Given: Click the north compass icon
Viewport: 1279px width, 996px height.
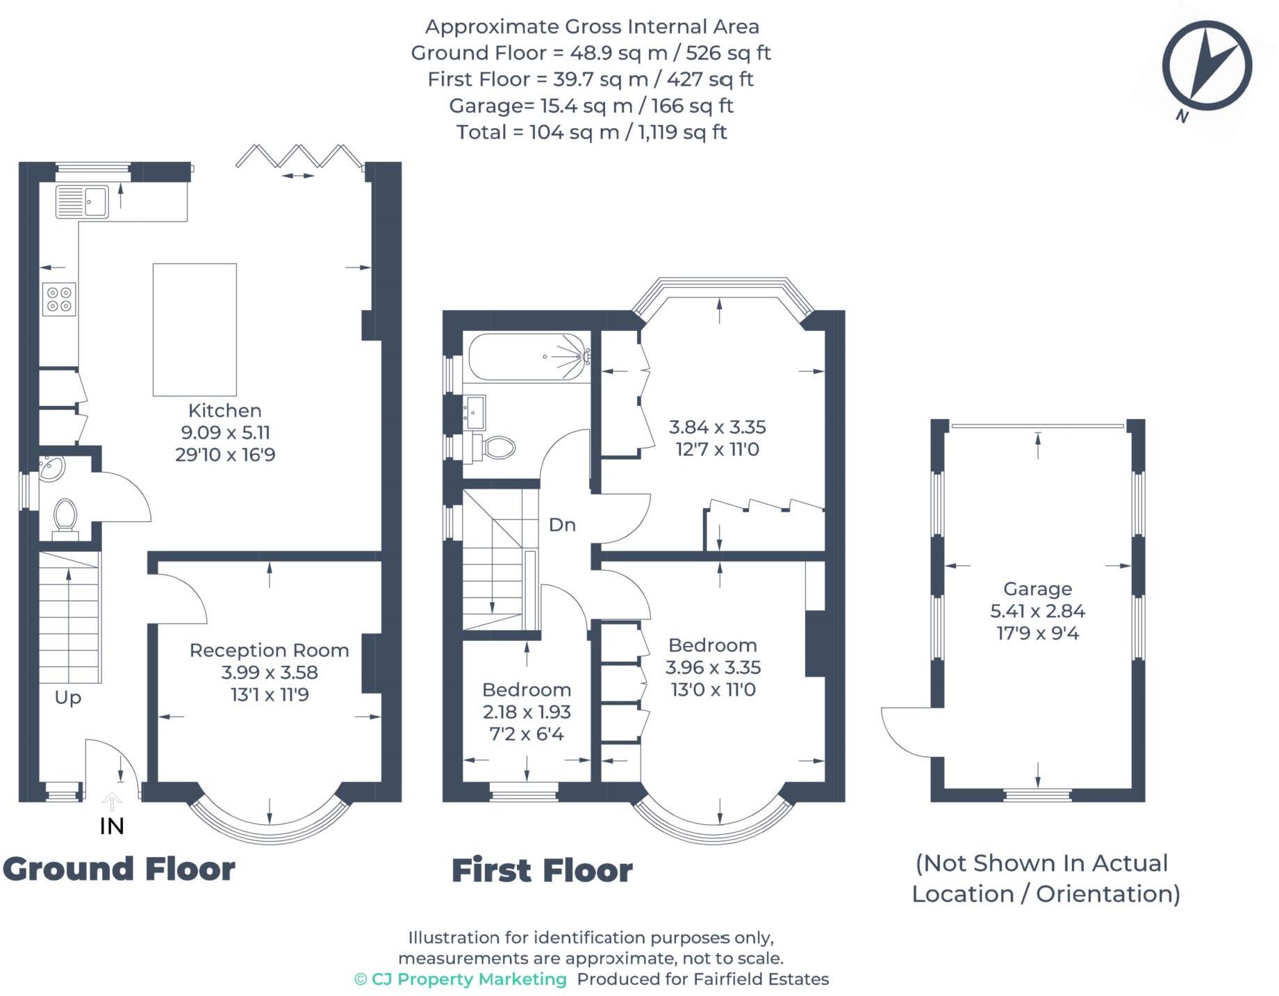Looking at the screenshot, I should [1207, 66].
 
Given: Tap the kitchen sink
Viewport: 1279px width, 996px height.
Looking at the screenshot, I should [82, 202].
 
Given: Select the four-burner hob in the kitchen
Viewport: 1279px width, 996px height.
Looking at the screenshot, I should [59, 300].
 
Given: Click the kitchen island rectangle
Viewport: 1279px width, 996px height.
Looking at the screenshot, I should [195, 329].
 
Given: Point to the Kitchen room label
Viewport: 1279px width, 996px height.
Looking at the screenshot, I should [224, 410].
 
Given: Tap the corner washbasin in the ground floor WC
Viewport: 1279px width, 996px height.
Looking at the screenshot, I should [50, 468].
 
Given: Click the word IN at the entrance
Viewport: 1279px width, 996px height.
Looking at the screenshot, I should [112, 826].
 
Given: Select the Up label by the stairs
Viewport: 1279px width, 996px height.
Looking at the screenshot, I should [68, 697].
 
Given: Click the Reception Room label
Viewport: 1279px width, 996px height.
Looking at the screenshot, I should [269, 650].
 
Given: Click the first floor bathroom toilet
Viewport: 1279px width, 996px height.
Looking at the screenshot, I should [497, 447].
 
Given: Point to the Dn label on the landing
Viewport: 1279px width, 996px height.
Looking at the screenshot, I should [562, 525].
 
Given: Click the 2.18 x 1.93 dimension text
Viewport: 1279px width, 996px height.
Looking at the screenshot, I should [527, 712].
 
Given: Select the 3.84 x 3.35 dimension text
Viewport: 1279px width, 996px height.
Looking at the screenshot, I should [717, 427].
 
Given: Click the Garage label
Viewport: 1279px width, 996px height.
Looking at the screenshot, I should [1037, 589].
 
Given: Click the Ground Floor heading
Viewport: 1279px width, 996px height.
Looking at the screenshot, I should [119, 869].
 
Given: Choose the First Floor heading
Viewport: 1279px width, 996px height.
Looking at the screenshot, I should [542, 870].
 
